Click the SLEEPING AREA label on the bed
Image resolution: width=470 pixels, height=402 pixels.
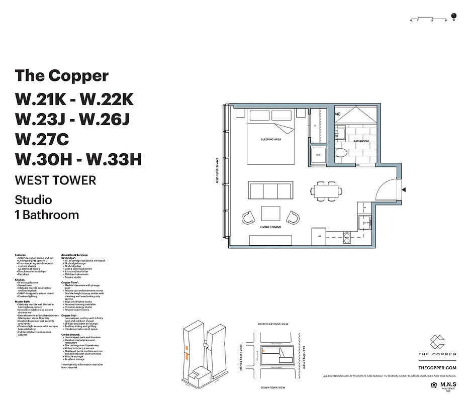(x=270, y=139)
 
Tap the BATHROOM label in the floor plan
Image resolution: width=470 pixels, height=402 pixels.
(x=361, y=141)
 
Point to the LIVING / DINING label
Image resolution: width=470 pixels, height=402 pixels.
(x=270, y=228)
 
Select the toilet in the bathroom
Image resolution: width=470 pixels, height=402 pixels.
(x=341, y=153)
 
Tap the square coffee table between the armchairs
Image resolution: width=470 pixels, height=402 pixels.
(x=270, y=214)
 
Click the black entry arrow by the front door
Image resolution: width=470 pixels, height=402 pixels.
(x=404, y=189)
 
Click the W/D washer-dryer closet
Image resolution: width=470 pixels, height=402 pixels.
(x=318, y=155)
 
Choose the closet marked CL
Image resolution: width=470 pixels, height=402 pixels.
(x=316, y=126)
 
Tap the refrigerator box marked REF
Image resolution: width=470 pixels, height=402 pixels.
(x=319, y=237)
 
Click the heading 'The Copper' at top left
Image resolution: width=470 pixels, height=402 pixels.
(x=61, y=75)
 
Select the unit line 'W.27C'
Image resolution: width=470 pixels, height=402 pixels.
(x=42, y=139)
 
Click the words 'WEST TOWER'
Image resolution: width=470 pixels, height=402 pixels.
(x=55, y=179)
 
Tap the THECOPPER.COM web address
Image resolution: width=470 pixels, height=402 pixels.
(x=437, y=368)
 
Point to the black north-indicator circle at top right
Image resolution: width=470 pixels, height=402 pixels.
(x=453, y=16)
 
